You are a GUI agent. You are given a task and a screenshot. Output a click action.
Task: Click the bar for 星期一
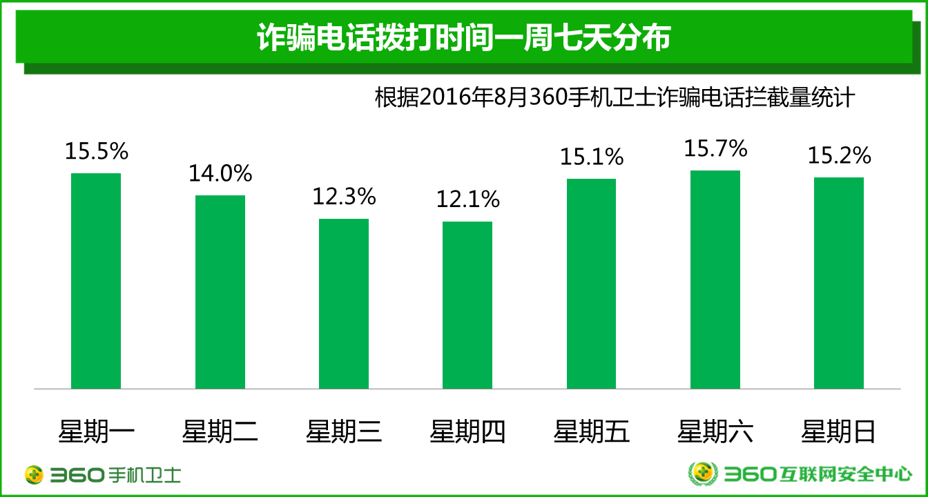pos(96,281)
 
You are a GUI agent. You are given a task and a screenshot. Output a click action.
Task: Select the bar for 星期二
pos(220,292)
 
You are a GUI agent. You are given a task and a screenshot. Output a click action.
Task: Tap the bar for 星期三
pos(344,304)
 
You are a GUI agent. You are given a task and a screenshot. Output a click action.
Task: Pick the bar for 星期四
pos(467,305)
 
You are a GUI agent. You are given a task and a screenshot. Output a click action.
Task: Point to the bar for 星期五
pos(591,284)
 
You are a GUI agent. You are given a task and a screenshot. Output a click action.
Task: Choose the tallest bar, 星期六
pos(715,280)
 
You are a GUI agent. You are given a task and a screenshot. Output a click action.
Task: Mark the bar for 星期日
pos(839,283)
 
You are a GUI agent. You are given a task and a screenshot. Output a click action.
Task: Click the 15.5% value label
pos(97,151)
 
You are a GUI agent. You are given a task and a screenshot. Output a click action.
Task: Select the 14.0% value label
pos(220,173)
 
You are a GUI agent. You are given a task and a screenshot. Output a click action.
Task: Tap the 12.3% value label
pos(344,197)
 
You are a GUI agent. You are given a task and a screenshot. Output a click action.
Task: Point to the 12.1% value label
pos(467,199)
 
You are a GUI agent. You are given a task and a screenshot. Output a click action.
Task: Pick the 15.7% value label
pos(715,148)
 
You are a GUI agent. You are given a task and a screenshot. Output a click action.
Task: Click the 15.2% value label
pos(839,155)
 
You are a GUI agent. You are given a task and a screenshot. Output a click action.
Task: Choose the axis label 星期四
pos(467,432)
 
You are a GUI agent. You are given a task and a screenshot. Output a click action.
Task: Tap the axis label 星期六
pos(715,432)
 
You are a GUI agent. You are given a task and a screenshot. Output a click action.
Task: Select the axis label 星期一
pos(96,432)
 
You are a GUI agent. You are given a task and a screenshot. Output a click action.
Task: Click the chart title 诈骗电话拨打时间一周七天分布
pos(464,38)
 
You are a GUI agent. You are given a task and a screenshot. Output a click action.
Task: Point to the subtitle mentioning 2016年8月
pos(615,97)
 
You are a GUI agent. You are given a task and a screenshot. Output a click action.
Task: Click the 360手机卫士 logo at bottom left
pos(102,474)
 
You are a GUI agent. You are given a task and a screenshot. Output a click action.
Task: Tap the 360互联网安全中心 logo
pos(800,474)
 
